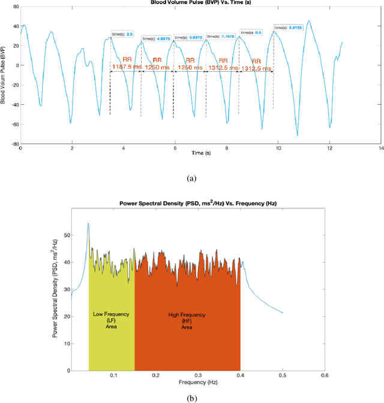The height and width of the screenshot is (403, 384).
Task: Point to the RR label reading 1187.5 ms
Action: click(x=127, y=63)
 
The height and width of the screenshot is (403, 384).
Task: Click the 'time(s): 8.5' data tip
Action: click(x=253, y=32)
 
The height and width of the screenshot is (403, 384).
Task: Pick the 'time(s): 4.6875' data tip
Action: click(x=155, y=39)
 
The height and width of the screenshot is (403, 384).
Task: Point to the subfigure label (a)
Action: click(x=192, y=178)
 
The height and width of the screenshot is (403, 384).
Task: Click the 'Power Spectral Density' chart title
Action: click(x=197, y=201)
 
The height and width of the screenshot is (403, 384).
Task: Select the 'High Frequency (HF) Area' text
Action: click(x=188, y=320)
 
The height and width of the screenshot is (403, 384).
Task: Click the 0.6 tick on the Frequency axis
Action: click(x=325, y=375)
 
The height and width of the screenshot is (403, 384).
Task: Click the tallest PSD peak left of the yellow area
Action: click(x=88, y=224)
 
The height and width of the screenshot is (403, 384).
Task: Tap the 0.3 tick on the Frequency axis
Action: click(x=198, y=375)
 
